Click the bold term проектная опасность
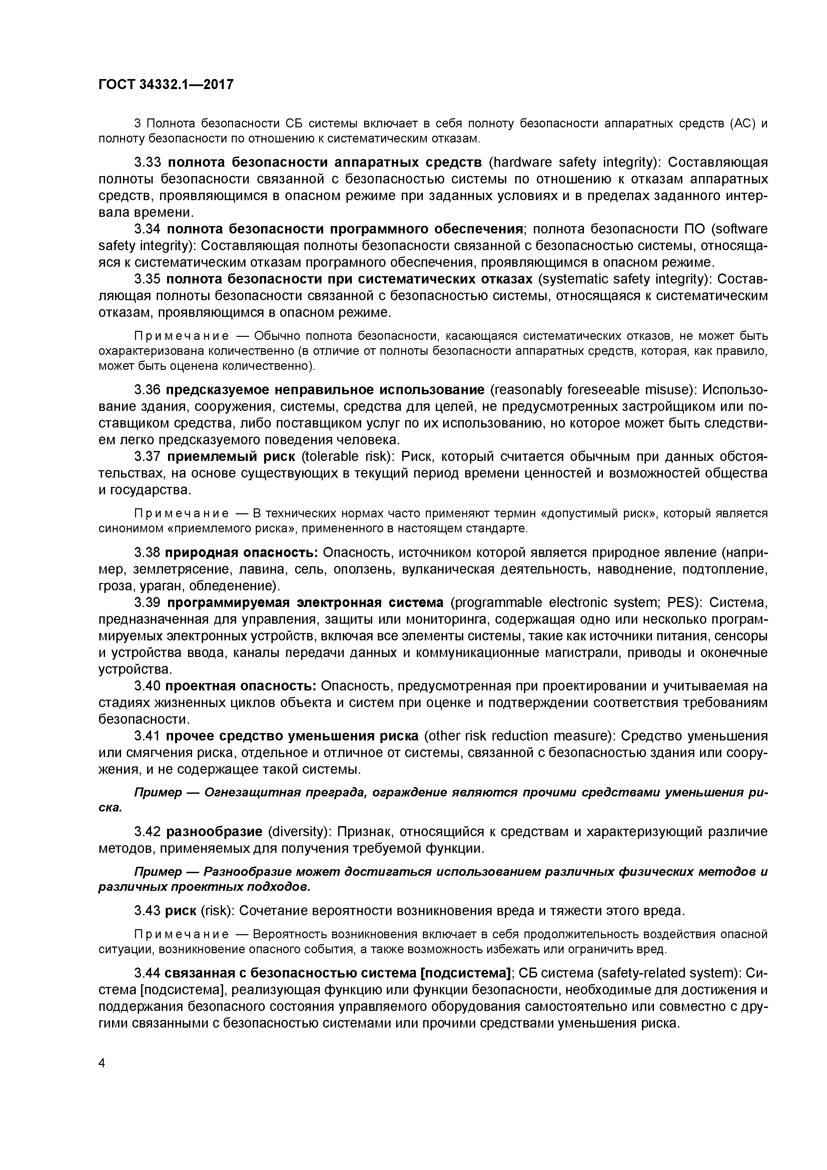click(242, 686)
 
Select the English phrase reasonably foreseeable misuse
click(593, 390)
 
